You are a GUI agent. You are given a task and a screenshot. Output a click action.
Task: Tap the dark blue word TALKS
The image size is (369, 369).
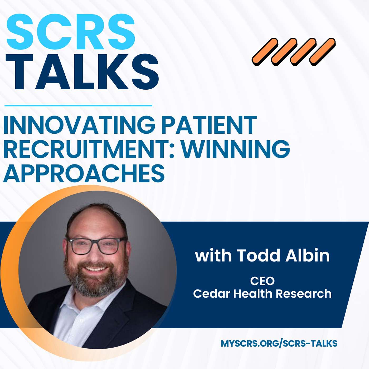click(x=82, y=72)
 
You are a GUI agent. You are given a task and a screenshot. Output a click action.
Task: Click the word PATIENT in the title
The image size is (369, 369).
click(x=209, y=125)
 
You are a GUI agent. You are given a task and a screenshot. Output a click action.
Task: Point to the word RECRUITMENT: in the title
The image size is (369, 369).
click(x=89, y=149)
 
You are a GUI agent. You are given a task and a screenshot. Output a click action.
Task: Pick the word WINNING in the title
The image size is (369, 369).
click(x=236, y=149)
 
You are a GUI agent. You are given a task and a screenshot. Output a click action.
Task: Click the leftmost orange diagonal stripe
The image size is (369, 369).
click(x=265, y=52)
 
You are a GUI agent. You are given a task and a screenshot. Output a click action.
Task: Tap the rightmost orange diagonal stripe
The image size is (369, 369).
click(x=322, y=52)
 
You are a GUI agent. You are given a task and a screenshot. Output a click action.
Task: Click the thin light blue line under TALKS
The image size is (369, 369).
click(x=78, y=105)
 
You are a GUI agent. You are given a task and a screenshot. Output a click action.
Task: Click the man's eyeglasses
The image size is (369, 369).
click(x=96, y=245)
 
